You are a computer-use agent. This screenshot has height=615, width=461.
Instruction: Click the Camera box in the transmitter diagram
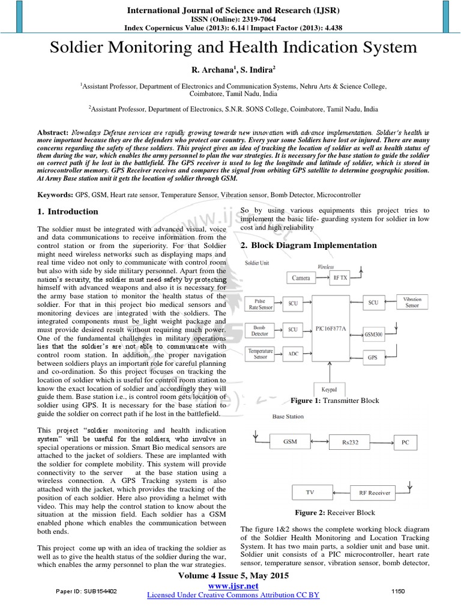(301, 278)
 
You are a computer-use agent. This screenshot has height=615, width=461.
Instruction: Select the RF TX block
(340, 277)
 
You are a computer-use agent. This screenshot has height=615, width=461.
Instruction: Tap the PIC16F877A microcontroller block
(331, 329)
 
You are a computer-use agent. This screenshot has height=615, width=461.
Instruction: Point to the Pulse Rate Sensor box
(260, 303)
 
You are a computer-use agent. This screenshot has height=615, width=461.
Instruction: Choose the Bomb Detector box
(260, 330)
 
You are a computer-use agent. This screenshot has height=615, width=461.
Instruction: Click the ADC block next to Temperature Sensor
(292, 354)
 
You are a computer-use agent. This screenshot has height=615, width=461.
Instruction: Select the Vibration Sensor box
(412, 302)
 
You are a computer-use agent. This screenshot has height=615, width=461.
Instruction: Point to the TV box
(310, 492)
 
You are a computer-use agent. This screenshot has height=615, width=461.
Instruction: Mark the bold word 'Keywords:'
(55, 195)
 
